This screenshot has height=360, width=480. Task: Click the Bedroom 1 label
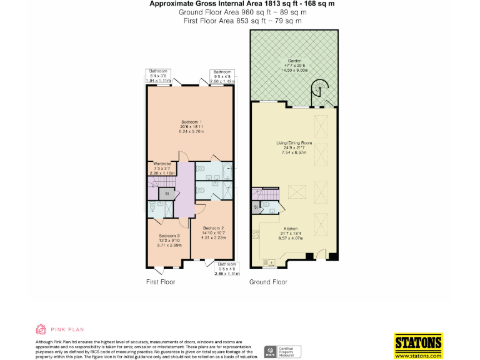[190, 121]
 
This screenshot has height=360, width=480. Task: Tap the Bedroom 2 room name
[213, 228]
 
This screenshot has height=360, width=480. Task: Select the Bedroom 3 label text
[168, 236]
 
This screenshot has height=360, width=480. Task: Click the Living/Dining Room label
[294, 143]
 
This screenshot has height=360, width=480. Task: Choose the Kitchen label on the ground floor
[291, 229]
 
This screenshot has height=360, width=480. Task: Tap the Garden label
[293, 61]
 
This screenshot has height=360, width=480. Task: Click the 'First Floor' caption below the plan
[161, 282]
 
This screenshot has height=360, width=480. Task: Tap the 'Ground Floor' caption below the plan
[268, 282]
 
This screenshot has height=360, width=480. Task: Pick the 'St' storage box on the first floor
[167, 194]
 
